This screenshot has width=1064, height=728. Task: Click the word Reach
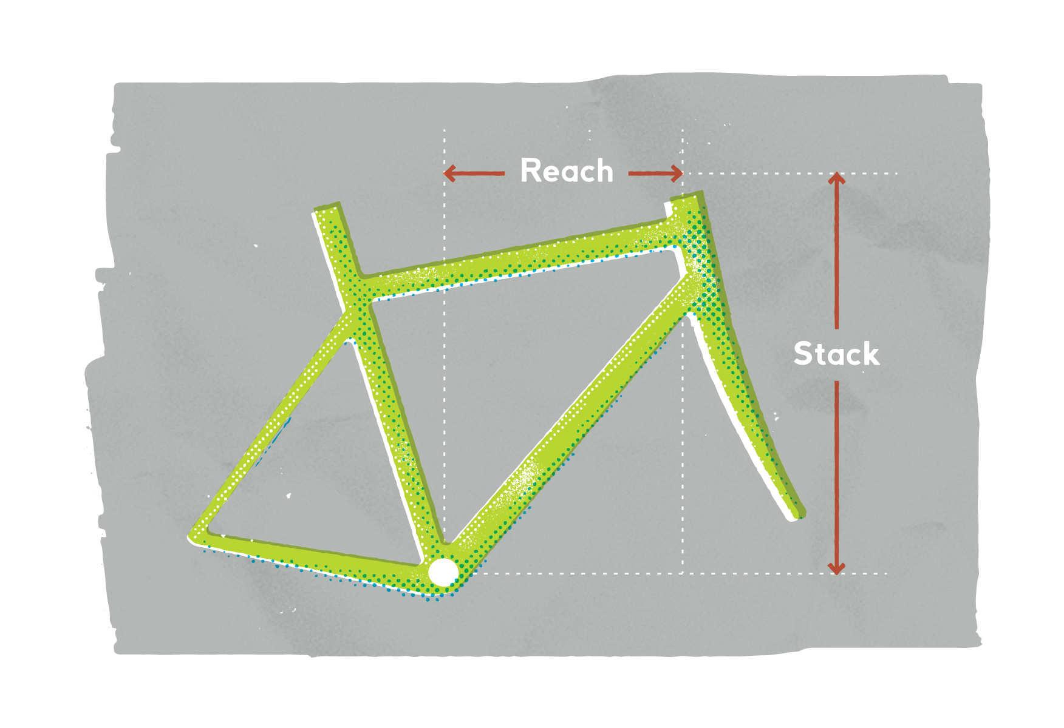(567, 171)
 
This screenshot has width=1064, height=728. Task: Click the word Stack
(836, 354)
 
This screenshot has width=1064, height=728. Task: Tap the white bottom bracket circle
(443, 572)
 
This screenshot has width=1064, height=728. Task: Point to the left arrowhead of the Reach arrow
(449, 174)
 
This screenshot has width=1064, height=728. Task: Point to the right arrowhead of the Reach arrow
(677, 174)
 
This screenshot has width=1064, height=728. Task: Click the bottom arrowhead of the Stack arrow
(837, 568)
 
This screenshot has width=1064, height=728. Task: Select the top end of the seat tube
(327, 209)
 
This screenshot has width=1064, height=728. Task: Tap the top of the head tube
(686, 199)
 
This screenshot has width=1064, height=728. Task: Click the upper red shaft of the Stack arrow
(837, 255)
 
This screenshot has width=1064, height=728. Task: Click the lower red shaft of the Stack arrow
(837, 473)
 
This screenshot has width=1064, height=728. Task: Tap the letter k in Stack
(871, 354)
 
